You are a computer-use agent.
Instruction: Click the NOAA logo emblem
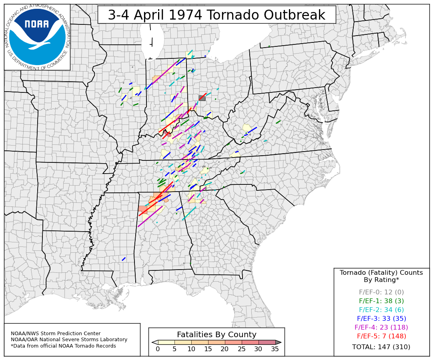click(x=37, y=37)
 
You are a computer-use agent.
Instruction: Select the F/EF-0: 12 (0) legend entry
click(x=381, y=292)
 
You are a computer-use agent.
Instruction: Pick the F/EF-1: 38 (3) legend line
click(x=381, y=301)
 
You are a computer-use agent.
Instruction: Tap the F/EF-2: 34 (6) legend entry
click(x=381, y=310)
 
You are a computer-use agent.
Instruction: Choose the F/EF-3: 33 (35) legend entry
click(x=381, y=319)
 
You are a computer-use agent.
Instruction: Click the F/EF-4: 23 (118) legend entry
click(x=381, y=328)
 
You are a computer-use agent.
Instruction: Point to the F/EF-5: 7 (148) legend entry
click(x=381, y=336)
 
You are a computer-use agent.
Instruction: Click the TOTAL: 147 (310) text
click(x=381, y=347)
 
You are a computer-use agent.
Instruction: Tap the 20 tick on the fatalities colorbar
click(x=225, y=349)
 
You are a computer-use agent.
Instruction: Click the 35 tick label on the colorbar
click(x=275, y=349)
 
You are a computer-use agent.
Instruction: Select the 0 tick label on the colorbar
click(x=158, y=349)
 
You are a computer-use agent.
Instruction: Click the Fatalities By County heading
click(x=216, y=335)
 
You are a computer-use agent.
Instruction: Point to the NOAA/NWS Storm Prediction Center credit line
click(x=56, y=334)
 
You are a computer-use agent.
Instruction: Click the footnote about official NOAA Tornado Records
click(x=63, y=346)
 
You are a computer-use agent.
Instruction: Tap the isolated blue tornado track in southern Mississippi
click(x=124, y=259)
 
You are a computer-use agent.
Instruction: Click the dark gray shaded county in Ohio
click(x=202, y=98)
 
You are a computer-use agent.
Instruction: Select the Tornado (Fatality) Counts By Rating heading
click(x=381, y=276)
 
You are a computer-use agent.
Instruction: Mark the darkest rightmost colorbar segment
click(x=267, y=342)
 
